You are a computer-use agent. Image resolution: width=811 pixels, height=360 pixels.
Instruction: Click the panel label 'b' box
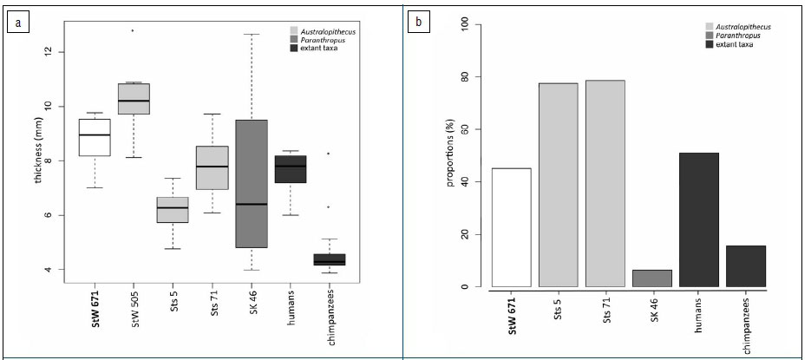click(420, 22)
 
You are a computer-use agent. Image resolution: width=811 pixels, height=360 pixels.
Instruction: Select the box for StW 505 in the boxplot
click(134, 99)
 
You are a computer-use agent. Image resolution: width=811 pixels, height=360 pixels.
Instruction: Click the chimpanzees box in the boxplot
click(329, 259)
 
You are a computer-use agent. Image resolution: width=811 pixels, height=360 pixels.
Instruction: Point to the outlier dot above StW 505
click(133, 30)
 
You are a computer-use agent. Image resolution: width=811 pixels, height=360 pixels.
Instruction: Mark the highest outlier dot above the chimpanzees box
click(328, 154)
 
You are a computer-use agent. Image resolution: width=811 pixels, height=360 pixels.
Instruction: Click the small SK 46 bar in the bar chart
click(652, 278)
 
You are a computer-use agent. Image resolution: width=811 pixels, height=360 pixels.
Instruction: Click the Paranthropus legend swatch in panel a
click(296, 38)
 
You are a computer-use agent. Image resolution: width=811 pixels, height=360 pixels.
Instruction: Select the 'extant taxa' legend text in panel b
click(734, 44)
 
